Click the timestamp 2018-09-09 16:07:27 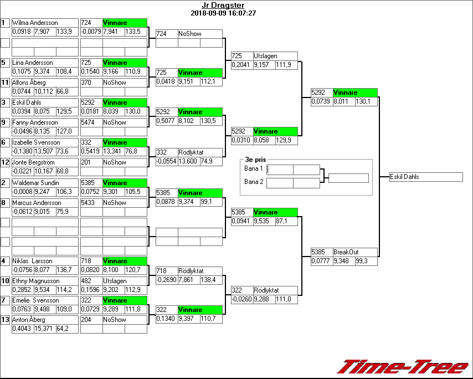(x=223, y=13)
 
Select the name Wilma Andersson (x=35, y=23)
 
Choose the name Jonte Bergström (x=34, y=162)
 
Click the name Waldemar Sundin (x=35, y=183)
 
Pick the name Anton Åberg (x=29, y=320)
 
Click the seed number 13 (x=6, y=320)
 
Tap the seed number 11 (x=6, y=83)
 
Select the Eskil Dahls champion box (x=426, y=177)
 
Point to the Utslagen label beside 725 (x=265, y=56)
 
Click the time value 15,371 (x=44, y=329)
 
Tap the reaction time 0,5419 (x=91, y=151)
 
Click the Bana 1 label (x=253, y=168)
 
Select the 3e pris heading (x=252, y=160)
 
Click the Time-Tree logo (x=403, y=367)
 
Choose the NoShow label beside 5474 (x=115, y=122)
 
